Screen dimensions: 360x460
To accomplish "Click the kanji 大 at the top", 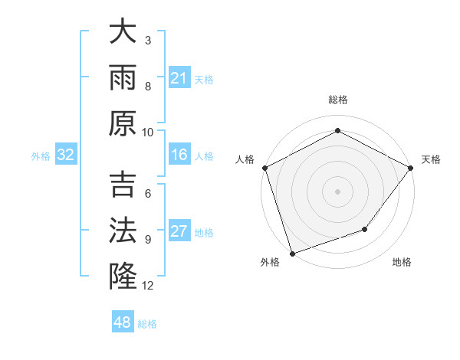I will coord(123,33).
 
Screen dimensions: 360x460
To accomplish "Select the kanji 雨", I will coord(123,77).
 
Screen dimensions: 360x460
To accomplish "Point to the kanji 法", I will coord(123,230).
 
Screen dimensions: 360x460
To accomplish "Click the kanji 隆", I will coord(123,274).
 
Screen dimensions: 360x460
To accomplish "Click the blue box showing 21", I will coord(179,77).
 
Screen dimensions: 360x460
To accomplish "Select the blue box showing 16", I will coord(179,155).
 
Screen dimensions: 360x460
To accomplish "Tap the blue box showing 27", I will coord(179,232).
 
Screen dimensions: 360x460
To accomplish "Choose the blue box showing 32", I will coord(66,155).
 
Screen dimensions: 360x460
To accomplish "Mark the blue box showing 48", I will coord(123,322).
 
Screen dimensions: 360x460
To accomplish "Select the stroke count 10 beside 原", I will coord(148,132).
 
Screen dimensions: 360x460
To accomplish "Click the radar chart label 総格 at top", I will coord(337,100).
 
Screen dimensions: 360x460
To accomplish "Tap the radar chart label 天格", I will coord(431,159).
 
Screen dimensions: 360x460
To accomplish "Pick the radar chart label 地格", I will coord(401,262).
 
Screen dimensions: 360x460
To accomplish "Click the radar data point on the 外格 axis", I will coord(293,252).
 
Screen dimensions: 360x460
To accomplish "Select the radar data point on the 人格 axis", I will coord(265,168).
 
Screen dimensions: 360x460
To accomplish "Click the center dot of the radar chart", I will coord(337,191).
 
